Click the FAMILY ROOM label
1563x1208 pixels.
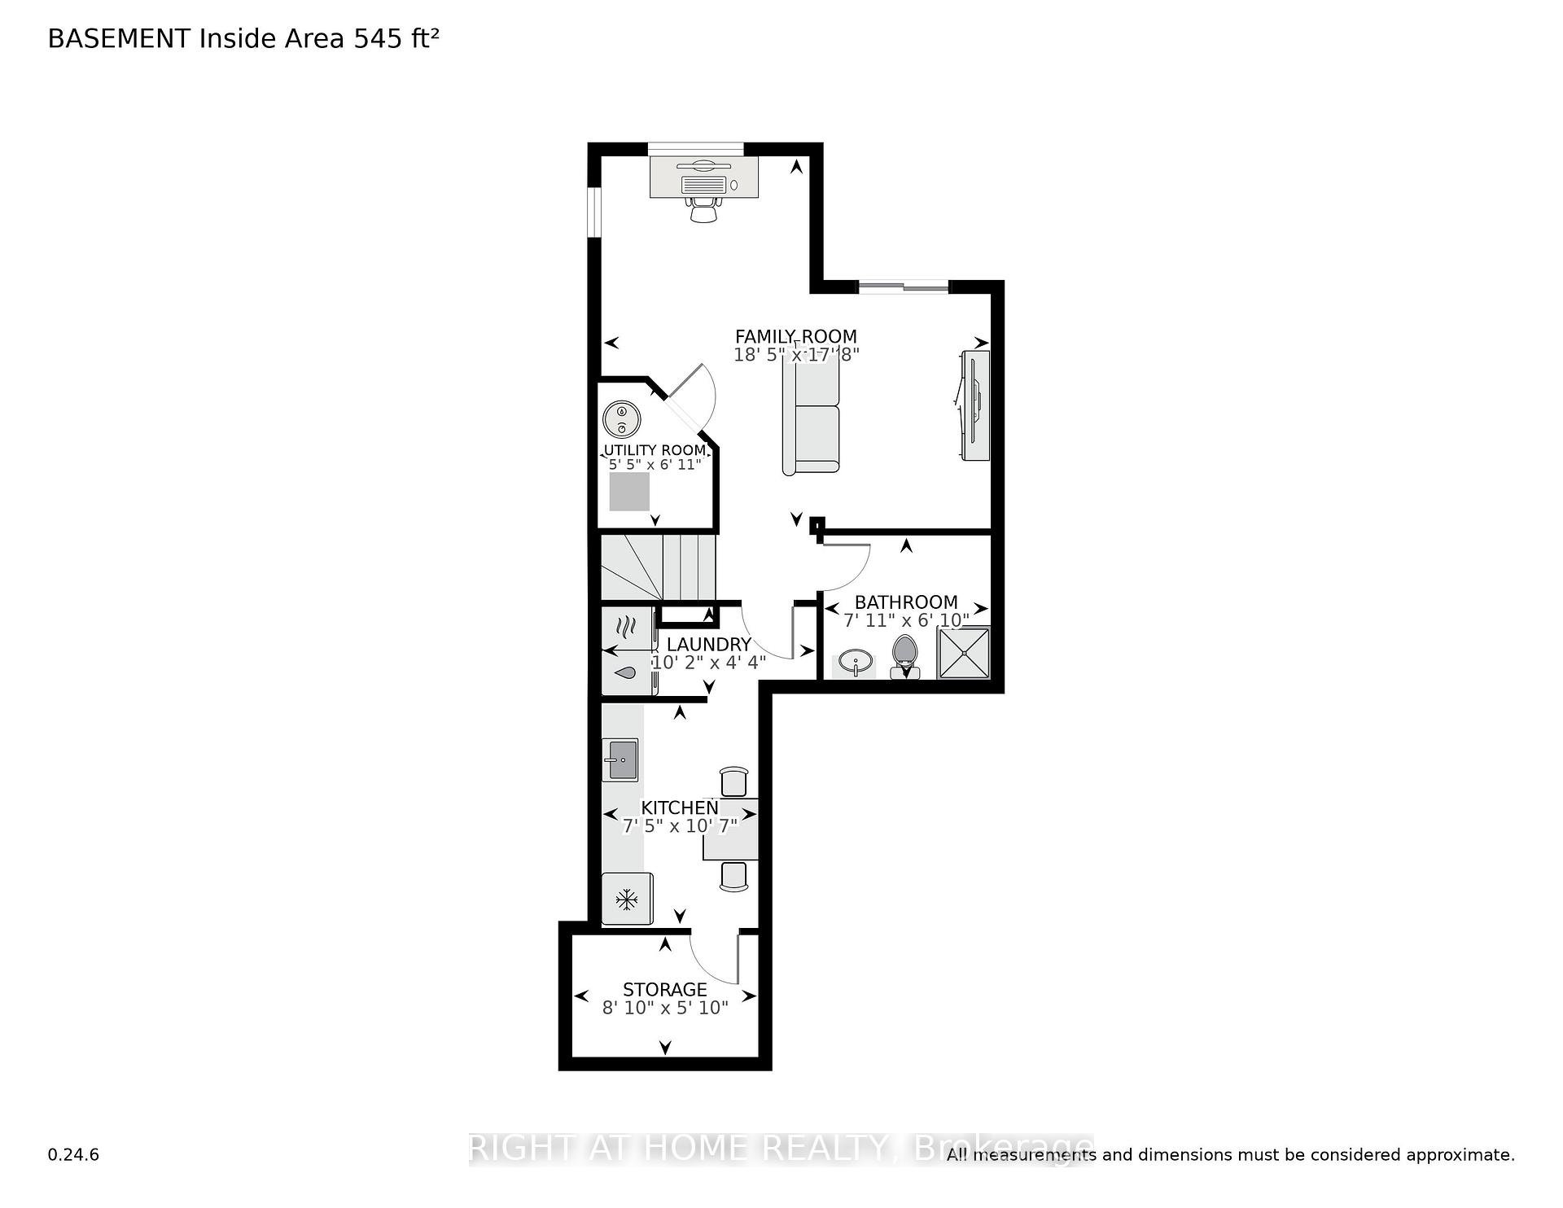(796, 336)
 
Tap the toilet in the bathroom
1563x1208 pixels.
(904, 656)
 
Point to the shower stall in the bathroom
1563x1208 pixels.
(965, 652)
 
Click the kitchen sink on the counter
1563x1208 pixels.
(620, 759)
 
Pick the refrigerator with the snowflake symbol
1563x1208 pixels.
(627, 899)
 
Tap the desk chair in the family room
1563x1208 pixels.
(703, 208)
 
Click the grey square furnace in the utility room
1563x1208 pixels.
(629, 492)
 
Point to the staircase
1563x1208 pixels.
(658, 567)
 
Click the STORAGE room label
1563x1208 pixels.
(665, 989)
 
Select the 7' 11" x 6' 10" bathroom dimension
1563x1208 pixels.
(906, 620)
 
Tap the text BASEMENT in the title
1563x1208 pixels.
(120, 39)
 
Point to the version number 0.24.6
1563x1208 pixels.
(73, 1154)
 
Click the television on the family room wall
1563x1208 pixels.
(974, 405)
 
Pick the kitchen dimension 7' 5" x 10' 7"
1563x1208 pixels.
(680, 826)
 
